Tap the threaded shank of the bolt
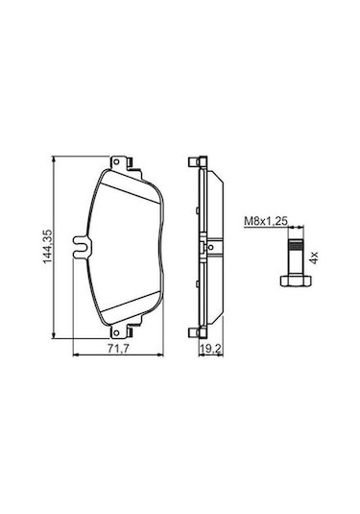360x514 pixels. [x=296, y=256]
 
